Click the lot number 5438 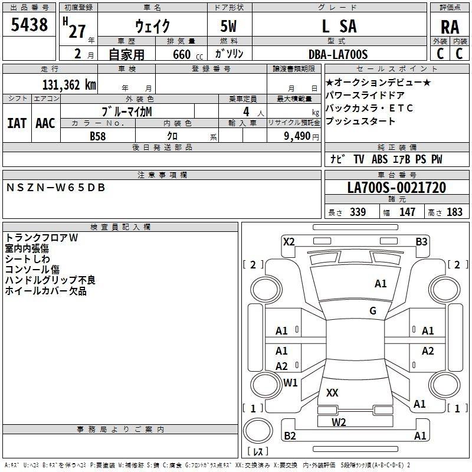point(29,24)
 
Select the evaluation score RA point(450,27)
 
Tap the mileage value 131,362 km point(69,85)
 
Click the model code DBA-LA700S point(338,54)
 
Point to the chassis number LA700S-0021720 point(396,188)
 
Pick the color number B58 point(98,136)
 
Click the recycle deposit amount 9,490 point(297,136)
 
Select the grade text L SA point(339,26)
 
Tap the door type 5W point(228,26)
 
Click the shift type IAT point(17,123)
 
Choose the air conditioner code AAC point(45,123)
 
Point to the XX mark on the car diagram point(332,392)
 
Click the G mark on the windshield point(373,310)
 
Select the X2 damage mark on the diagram point(289,242)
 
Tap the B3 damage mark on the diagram point(421,242)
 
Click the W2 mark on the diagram point(339,422)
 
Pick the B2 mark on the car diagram point(290,435)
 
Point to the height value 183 point(454,212)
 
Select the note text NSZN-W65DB point(55,188)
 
